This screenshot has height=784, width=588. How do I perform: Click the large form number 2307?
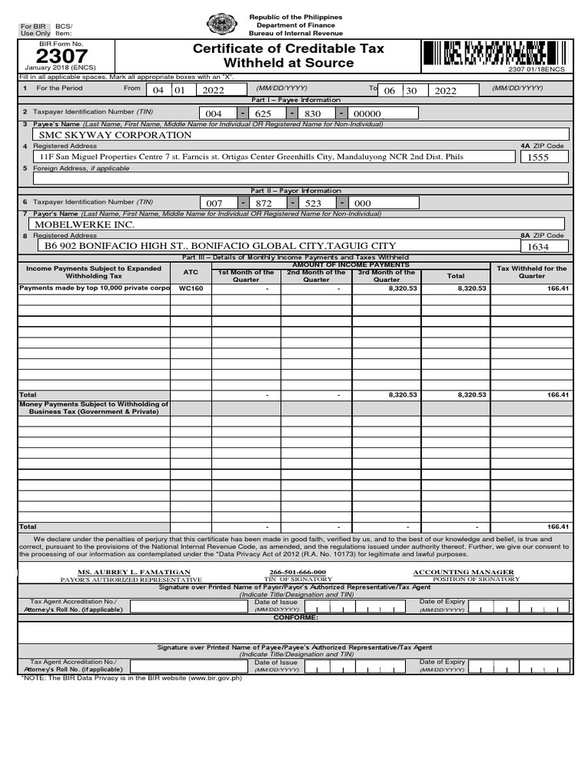click(57, 57)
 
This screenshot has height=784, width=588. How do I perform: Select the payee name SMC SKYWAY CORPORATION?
click(116, 135)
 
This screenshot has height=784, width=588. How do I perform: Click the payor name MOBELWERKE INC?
click(85, 224)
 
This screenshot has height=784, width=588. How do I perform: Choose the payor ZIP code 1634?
click(539, 247)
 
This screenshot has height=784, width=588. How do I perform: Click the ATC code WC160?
click(191, 289)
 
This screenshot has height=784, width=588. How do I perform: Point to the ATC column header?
click(191, 272)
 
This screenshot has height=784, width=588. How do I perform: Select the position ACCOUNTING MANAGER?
click(463, 572)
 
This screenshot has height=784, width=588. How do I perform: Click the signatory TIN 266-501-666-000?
click(298, 572)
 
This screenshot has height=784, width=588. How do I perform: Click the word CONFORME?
click(296, 617)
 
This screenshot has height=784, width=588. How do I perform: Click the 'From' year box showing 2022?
click(218, 90)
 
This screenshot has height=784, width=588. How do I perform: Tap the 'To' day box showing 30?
click(412, 90)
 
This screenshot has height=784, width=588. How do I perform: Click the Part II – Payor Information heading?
click(296, 191)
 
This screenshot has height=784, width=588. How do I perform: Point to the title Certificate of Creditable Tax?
click(288, 49)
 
